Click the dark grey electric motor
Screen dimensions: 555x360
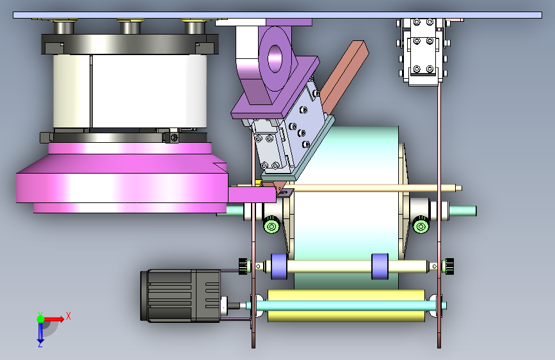(181, 295)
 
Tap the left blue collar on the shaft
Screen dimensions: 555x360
(279, 266)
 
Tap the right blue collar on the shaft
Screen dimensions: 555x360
(380, 266)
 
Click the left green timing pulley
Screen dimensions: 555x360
(271, 225)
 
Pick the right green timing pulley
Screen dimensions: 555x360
(421, 225)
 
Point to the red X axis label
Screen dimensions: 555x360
(68, 316)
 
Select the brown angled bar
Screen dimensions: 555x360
(344, 75)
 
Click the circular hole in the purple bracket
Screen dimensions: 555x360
(275, 58)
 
